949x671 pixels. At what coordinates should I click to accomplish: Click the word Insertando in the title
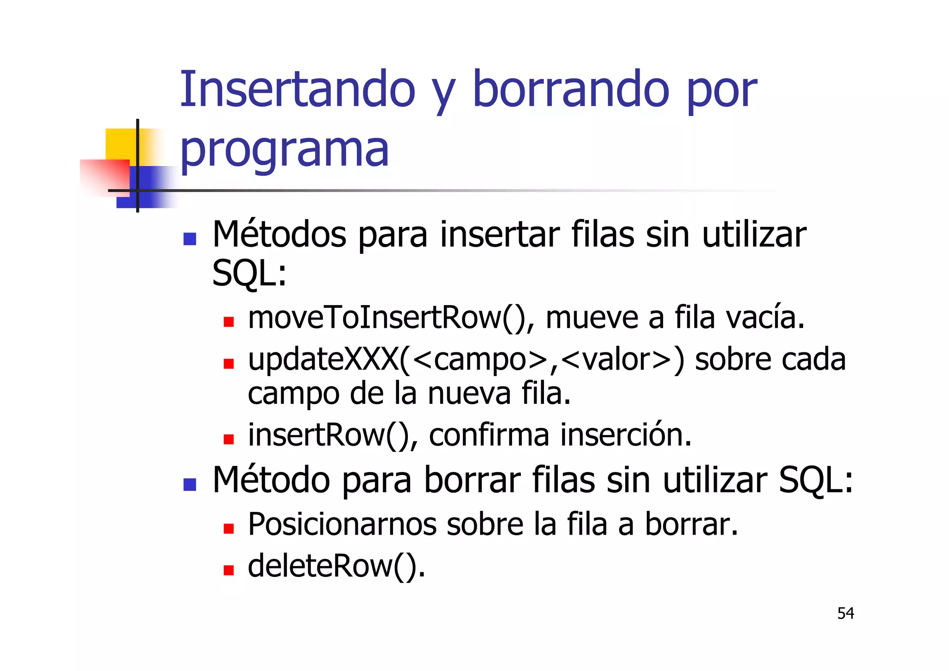point(297,89)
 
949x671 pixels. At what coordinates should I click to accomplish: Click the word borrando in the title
point(571,89)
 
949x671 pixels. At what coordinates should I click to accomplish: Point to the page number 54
point(845,613)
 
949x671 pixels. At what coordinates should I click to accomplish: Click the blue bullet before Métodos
point(190,239)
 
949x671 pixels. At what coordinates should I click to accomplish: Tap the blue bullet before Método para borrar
point(190,485)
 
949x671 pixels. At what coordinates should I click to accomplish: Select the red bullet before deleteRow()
point(228,570)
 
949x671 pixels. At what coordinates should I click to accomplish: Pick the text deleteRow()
point(336,566)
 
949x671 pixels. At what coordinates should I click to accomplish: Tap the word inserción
point(626,435)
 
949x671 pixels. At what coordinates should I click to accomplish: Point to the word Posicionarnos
point(342,524)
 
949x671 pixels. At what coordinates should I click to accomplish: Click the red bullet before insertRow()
point(228,439)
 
